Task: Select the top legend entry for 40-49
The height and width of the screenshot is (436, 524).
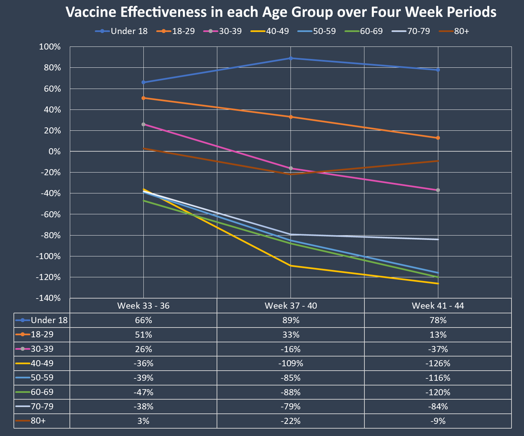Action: pos(270,31)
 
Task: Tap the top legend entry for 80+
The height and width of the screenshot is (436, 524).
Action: pos(454,31)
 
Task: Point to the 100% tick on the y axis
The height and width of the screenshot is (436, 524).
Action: pos(50,47)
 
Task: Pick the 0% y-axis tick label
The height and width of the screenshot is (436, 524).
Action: pos(54,152)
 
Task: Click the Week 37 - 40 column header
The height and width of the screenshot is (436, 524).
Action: pos(291,306)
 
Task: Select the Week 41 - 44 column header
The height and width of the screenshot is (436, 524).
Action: pos(438,306)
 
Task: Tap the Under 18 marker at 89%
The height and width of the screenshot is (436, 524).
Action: pos(291,58)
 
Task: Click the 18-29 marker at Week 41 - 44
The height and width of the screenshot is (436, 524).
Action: pos(438,138)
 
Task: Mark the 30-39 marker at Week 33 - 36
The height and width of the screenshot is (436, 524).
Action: pos(143,124)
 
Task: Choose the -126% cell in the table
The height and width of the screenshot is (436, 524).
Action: pos(438,364)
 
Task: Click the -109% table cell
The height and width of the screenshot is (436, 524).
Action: pos(291,364)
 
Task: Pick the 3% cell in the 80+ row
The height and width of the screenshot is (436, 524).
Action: pos(143,421)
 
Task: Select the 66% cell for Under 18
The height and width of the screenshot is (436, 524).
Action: pos(143,320)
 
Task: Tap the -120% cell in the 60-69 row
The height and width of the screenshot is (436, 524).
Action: pos(438,392)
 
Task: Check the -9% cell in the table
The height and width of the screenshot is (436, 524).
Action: pos(438,421)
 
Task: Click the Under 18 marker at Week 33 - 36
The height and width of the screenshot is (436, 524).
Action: pos(143,82)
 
